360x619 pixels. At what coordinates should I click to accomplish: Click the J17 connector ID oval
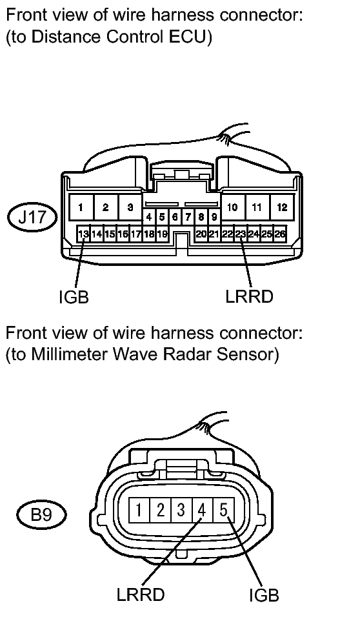click(x=32, y=218)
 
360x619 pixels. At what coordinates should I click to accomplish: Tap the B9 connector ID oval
click(x=41, y=514)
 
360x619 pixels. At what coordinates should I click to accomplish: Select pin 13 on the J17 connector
click(x=83, y=234)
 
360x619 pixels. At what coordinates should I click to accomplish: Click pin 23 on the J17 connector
click(x=241, y=234)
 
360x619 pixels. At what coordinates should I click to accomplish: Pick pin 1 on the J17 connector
click(x=81, y=207)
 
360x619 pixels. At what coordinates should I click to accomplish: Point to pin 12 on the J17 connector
click(x=282, y=207)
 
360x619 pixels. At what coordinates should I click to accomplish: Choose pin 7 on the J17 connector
click(x=188, y=217)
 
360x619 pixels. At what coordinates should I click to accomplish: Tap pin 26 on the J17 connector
click(x=280, y=234)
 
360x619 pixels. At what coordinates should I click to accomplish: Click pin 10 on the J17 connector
click(x=232, y=207)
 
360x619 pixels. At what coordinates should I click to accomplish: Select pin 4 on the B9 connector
click(x=202, y=511)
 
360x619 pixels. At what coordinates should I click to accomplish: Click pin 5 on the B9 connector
click(x=223, y=511)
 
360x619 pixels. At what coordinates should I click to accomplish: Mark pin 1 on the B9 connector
click(x=139, y=511)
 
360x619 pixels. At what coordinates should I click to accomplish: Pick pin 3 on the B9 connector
click(x=181, y=511)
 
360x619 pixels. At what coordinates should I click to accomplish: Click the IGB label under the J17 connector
click(x=74, y=298)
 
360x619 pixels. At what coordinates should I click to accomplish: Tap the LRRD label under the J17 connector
click(x=249, y=296)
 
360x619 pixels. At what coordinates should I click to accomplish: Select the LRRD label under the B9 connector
click(x=141, y=594)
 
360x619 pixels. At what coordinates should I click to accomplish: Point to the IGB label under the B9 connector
click(x=264, y=595)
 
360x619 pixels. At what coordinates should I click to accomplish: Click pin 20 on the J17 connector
click(x=201, y=234)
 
